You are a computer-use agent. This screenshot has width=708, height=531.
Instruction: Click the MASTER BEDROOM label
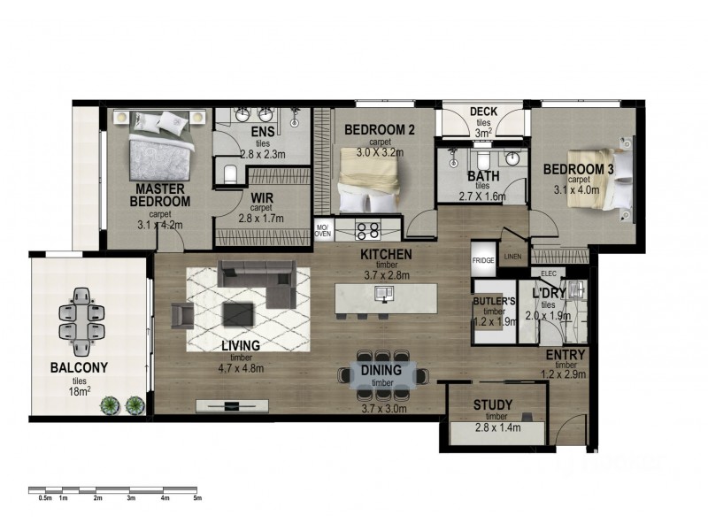[x=160, y=196]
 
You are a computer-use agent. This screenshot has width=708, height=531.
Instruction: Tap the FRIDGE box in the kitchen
[x=482, y=261]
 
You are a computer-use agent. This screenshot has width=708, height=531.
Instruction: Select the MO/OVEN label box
[x=323, y=230]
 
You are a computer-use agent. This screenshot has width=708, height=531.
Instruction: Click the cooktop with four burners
[x=367, y=231]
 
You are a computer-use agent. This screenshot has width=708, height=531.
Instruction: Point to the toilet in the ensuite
[x=229, y=173]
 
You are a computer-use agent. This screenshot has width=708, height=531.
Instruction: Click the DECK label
[x=483, y=111]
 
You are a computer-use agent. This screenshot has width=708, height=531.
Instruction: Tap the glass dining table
[x=382, y=375]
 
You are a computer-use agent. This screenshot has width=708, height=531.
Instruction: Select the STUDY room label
[x=493, y=405]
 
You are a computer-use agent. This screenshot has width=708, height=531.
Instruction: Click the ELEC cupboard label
[x=549, y=273]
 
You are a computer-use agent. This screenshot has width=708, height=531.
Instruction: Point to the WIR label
[x=260, y=198]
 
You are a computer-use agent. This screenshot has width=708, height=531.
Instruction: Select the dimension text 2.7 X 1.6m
[x=482, y=197]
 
